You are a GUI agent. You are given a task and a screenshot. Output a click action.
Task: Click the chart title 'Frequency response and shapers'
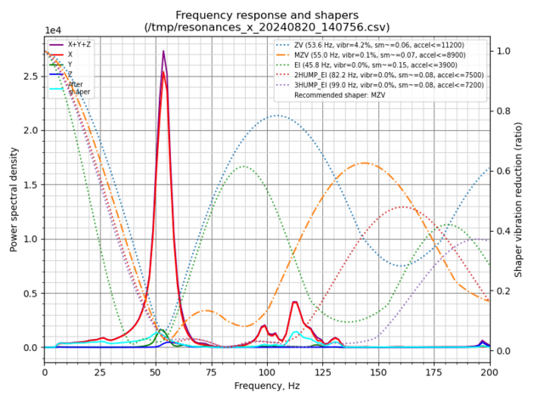point(267,15)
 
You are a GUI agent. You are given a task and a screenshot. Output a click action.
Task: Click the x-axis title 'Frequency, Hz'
point(267,386)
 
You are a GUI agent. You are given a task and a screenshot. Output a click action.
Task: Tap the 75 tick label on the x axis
point(212,371)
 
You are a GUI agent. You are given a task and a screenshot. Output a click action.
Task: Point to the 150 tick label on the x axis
point(378,371)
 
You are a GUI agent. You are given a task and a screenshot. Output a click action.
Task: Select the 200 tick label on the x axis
point(490,371)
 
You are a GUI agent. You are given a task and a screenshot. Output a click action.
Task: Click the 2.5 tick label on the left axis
point(31,76)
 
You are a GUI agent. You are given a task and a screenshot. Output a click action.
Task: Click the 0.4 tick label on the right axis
point(503,231)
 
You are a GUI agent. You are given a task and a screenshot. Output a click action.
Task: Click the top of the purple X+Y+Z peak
point(163,51)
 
